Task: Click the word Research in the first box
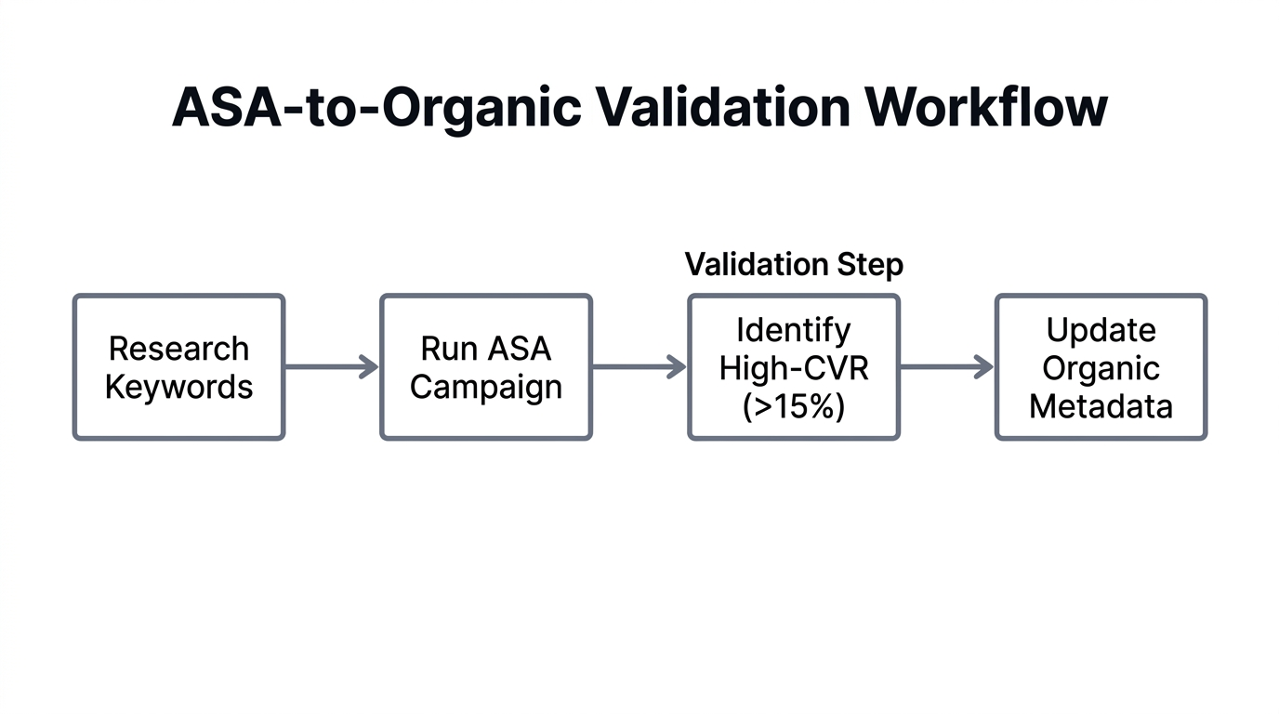tap(178, 349)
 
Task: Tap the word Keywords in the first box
tap(178, 387)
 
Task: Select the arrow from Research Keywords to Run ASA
tap(330, 367)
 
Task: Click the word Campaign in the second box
tap(486, 387)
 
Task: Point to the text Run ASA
tap(486, 349)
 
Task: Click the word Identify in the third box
tap(793, 330)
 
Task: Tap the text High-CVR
tap(793, 368)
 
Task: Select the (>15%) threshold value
tap(793, 406)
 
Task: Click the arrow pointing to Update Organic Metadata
tap(945, 367)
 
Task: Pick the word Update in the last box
tap(1101, 330)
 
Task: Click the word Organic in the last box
tap(1101, 368)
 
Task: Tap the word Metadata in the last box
tap(1101, 406)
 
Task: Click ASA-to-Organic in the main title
tap(376, 108)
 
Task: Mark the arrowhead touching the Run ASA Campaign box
tap(370, 367)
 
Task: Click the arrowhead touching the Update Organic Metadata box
tap(985, 367)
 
